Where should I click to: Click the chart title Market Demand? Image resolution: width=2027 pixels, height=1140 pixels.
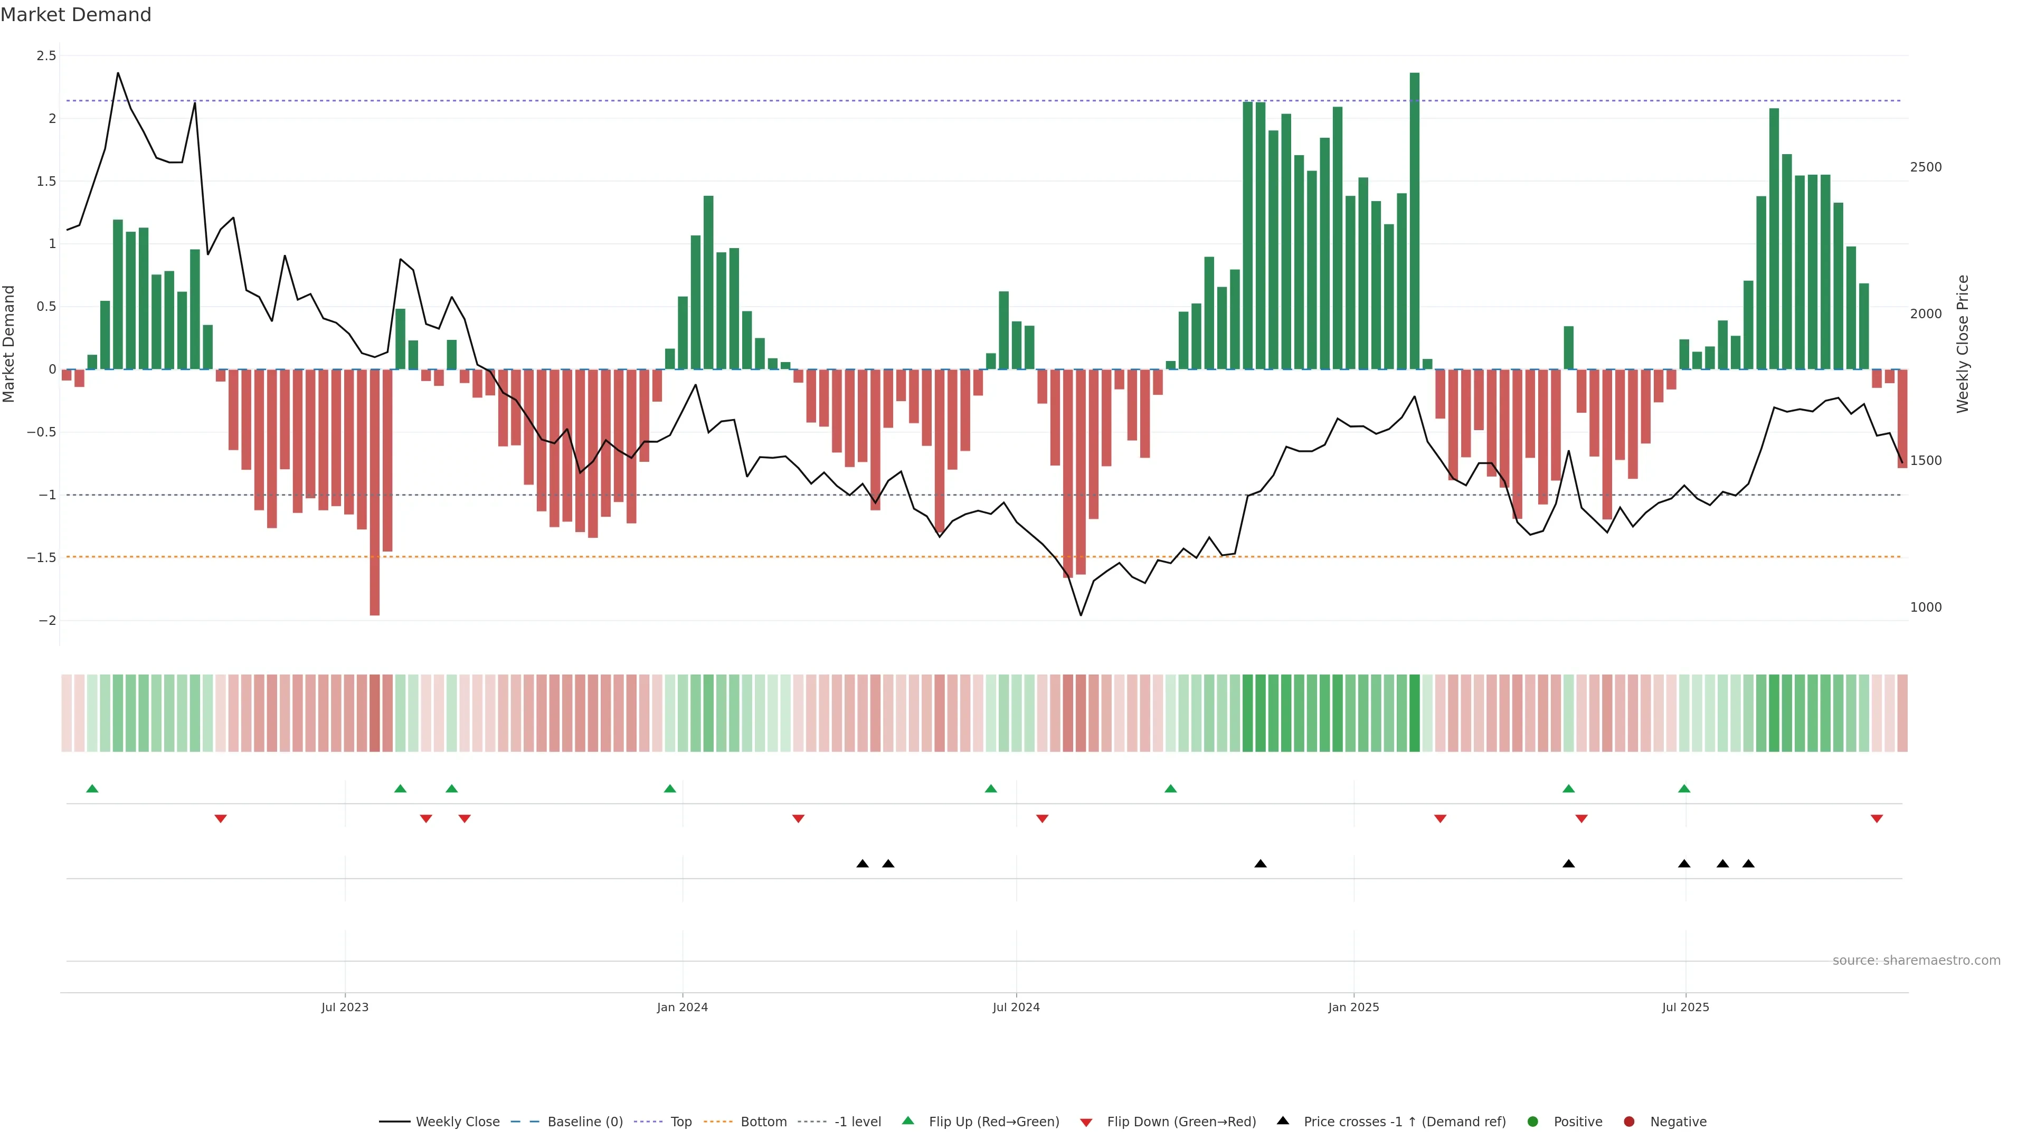(x=75, y=15)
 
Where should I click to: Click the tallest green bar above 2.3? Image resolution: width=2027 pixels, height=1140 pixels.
(x=1414, y=220)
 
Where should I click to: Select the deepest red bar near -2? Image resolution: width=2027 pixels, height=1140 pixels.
(x=375, y=492)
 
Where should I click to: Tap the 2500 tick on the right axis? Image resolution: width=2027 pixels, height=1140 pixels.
(x=1926, y=167)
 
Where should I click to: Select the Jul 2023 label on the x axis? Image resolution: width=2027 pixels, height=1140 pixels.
(x=345, y=1007)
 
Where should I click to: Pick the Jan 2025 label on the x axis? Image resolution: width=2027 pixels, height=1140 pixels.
(x=1353, y=1007)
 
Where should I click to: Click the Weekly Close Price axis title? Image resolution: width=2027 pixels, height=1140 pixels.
(x=1963, y=344)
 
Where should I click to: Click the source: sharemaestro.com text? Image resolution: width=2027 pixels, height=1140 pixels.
(x=1916, y=961)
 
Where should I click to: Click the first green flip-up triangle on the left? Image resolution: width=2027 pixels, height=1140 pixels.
(x=92, y=788)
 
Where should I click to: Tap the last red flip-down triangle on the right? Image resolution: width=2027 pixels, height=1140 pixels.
(x=1877, y=819)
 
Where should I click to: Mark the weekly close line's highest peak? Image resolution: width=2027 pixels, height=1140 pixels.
(x=118, y=73)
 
